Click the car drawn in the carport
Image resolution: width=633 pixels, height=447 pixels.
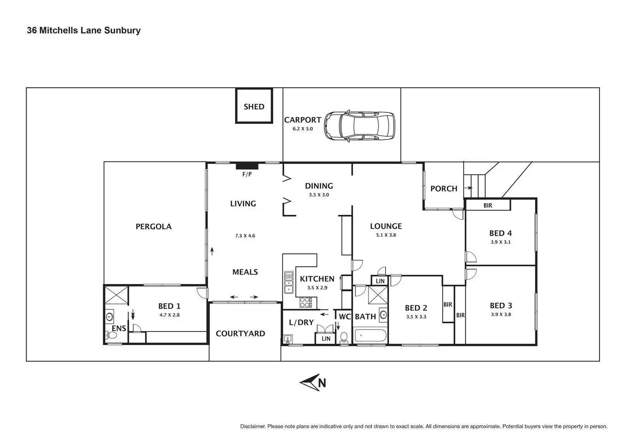359,125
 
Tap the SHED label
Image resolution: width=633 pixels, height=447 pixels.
254,106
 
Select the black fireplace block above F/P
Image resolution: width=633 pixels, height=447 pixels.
247,166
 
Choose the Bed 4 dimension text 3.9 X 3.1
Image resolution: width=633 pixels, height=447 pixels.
501,242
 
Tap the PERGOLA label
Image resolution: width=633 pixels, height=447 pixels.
154,226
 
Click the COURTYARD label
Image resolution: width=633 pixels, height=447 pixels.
240,333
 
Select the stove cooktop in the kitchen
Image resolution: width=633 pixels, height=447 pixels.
305,302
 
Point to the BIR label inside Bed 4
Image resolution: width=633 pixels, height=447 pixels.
488,205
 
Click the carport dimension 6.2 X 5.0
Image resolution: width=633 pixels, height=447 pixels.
303,129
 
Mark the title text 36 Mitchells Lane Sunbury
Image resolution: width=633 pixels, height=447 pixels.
84,30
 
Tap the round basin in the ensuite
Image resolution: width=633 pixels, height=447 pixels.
109,317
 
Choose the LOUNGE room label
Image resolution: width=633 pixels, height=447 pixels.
386,226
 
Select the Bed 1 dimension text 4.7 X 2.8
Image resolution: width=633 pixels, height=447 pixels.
169,315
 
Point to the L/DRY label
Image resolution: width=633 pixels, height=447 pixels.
301,322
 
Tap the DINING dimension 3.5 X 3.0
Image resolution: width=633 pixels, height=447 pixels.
319,195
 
